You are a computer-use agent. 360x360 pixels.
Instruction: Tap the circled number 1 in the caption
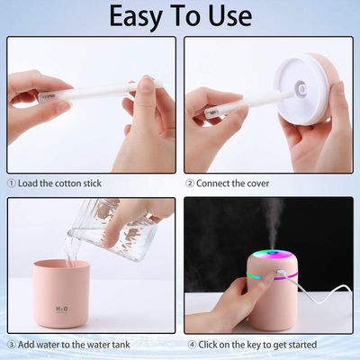(11, 182)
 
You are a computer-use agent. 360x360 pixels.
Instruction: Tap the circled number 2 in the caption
(190, 182)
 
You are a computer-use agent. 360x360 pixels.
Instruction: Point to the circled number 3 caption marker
(11, 344)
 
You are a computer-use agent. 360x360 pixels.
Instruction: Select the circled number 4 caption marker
(190, 344)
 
